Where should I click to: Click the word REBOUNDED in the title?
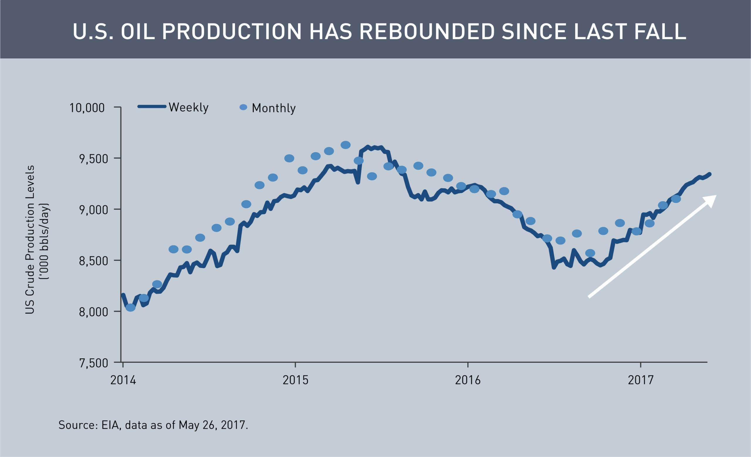click(427, 31)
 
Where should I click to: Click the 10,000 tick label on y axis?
click(87, 108)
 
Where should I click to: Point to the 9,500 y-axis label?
click(93, 159)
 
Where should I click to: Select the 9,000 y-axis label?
click(93, 210)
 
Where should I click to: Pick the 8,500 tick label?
click(93, 261)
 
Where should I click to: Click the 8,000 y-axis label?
click(93, 312)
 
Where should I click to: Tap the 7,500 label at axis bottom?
click(93, 363)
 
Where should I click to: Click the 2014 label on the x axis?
click(123, 380)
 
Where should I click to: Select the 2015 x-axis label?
click(295, 380)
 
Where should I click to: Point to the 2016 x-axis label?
click(468, 380)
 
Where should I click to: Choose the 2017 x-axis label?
click(641, 380)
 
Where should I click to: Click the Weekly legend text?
click(188, 107)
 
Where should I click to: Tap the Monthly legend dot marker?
click(243, 107)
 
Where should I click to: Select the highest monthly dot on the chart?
click(345, 145)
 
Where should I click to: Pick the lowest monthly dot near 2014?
click(131, 308)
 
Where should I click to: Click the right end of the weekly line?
click(710, 174)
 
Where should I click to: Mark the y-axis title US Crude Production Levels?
click(30, 240)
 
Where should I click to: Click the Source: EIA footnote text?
click(153, 425)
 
